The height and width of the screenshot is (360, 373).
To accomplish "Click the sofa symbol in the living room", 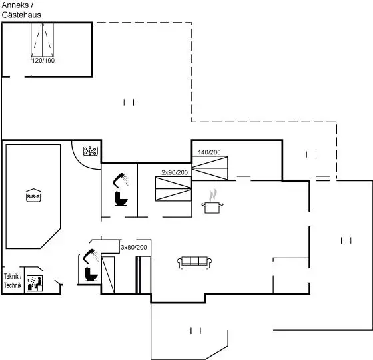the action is point(194,262).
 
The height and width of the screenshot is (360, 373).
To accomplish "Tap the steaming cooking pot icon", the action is point(212,202).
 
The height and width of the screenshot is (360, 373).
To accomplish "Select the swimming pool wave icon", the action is point(33,196).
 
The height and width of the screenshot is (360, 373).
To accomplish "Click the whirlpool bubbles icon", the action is point(91,151).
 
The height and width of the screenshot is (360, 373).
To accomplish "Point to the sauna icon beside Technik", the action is point(35,283).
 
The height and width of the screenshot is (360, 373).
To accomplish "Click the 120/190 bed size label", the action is point(43,61).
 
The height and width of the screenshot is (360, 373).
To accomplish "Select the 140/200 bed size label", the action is point(209,152).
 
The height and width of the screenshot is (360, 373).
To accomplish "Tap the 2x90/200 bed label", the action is point(175,172).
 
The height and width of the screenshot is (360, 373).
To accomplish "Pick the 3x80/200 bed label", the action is point(134,248).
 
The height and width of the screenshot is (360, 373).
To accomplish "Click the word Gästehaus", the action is point(21,15).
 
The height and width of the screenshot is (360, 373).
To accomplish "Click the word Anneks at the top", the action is point(15,5).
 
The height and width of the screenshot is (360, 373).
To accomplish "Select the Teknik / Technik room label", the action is point(13,281).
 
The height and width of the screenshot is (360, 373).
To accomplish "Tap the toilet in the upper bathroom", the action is point(121,198).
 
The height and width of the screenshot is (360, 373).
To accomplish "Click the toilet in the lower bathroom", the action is point(91,274).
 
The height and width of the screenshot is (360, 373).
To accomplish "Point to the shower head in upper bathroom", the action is point(121,180).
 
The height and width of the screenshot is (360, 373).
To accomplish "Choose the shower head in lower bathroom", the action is point(91,256).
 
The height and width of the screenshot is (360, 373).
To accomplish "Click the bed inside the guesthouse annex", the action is point(43,41).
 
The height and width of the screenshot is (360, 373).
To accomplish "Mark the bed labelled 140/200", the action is point(210,168).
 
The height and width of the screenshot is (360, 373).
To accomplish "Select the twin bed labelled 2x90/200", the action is point(173,189).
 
